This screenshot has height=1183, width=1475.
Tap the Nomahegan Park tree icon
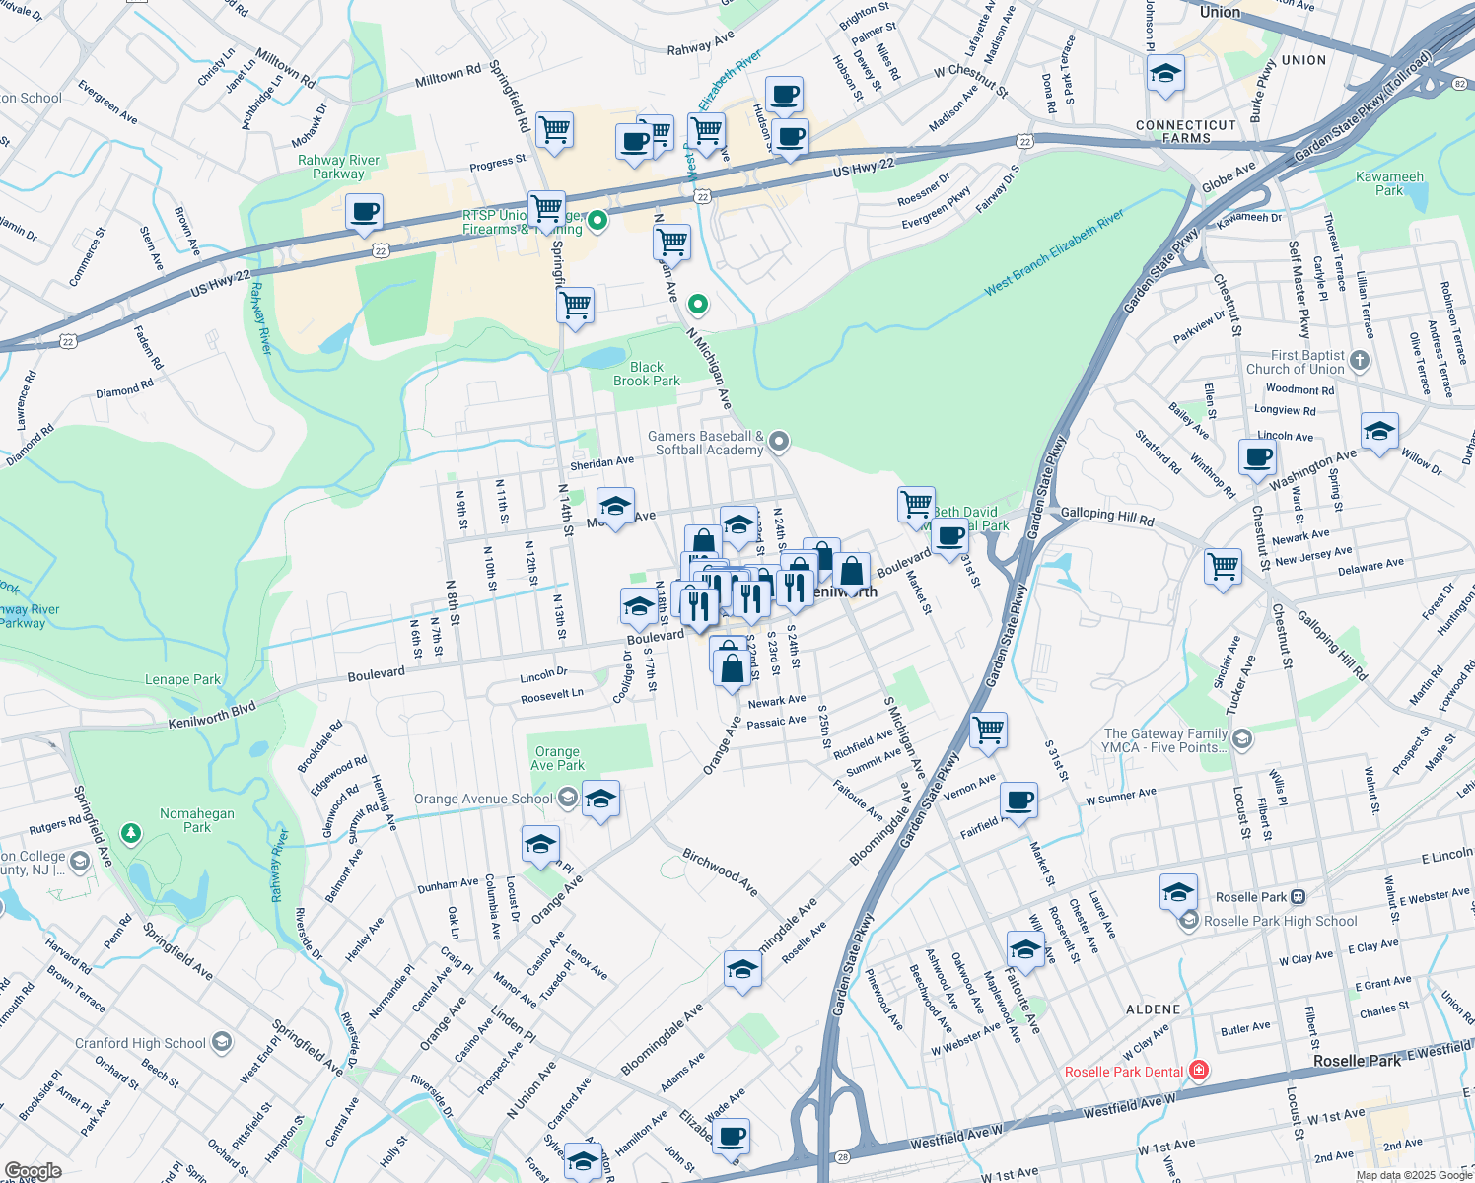click(x=131, y=834)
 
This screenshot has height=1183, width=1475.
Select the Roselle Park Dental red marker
click(x=1198, y=1071)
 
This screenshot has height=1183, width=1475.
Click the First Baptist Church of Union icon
click(x=1360, y=360)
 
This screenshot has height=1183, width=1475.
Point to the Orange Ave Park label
click(x=557, y=758)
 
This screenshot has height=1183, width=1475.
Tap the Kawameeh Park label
click(x=1389, y=183)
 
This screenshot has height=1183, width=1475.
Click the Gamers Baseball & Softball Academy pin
click(x=779, y=442)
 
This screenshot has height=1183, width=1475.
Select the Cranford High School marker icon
click(x=222, y=1042)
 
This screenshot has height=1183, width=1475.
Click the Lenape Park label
click(x=182, y=679)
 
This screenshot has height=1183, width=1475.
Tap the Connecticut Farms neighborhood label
click(x=1185, y=131)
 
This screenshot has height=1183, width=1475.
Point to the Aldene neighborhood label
click(x=1153, y=1009)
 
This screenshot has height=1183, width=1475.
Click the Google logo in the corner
click(x=33, y=1170)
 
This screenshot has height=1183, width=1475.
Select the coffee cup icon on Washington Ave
click(x=1257, y=457)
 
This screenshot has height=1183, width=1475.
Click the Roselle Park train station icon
click(x=1299, y=897)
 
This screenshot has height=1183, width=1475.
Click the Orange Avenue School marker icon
click(x=566, y=798)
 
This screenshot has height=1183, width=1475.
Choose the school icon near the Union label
click(x=1165, y=73)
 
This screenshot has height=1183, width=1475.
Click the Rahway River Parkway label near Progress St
click(x=338, y=167)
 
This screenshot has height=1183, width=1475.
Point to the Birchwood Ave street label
click(x=721, y=872)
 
